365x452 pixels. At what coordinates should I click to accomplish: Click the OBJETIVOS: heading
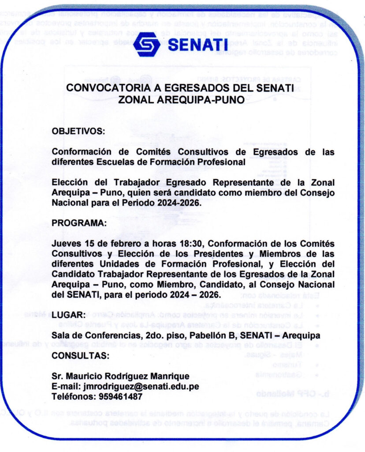click(78, 131)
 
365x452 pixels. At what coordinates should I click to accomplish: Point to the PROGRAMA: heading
click(79, 223)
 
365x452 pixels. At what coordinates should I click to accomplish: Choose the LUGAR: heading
click(68, 315)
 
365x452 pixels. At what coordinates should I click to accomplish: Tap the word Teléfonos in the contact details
click(71, 396)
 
